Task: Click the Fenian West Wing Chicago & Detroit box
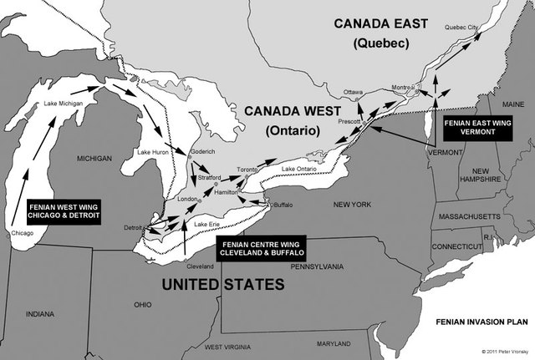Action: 64,209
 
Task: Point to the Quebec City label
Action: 462,28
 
